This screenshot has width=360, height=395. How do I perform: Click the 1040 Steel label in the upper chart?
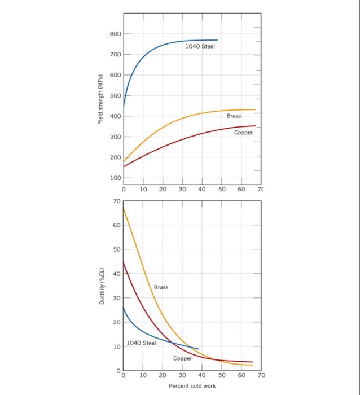(200, 47)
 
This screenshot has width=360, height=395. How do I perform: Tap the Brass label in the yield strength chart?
(234, 116)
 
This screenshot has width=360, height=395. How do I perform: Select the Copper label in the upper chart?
(244, 133)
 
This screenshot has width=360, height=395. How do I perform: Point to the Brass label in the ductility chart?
(161, 287)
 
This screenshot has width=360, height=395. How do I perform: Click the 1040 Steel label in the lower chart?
(141, 343)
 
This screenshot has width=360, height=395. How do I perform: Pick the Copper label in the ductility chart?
(182, 358)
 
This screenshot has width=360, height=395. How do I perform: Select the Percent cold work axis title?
(192, 386)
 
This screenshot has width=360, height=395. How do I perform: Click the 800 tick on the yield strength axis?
(115, 34)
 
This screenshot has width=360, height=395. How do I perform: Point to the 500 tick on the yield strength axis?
(115, 96)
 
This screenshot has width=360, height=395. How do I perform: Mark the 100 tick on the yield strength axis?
(115, 178)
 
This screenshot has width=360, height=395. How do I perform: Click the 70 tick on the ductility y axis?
(116, 201)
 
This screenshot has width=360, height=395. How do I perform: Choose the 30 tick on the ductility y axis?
(116, 298)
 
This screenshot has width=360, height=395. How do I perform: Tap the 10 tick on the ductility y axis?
(116, 346)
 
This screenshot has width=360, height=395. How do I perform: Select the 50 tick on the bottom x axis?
(222, 375)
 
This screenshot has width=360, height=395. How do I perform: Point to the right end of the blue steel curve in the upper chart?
(218, 40)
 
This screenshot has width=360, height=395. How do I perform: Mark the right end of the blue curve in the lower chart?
(199, 349)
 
